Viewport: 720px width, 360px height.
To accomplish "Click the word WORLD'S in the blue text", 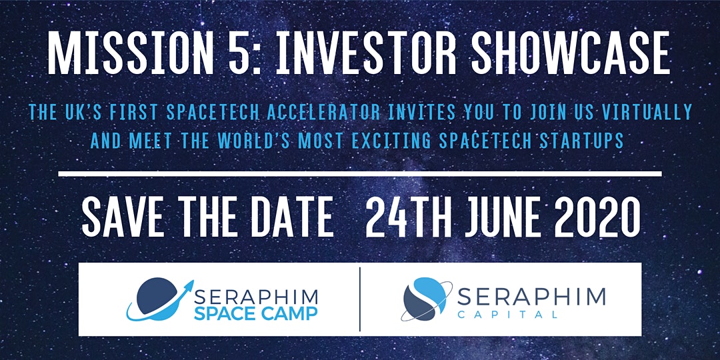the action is pos(253,141).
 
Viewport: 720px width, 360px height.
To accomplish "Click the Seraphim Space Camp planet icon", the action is pos(159,299).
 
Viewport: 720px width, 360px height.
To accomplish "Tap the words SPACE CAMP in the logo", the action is pos(256,313).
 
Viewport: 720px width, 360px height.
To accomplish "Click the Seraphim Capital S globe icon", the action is pos(425,299).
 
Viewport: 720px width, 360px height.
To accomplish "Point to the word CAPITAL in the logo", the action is pos(507,315).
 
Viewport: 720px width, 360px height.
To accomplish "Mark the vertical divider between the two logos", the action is pos(360,299).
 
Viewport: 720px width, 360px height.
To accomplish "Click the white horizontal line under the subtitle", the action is pos(360,173).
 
